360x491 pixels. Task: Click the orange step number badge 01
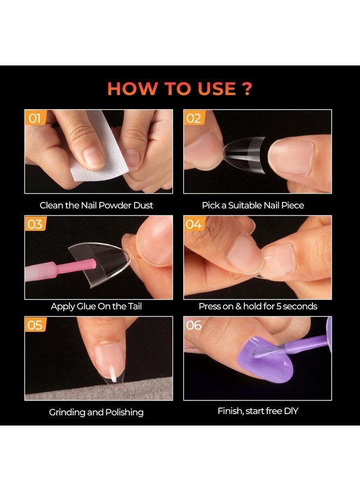coord(34,118)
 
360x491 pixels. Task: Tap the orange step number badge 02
coord(194,118)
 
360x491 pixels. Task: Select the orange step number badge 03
coord(34,224)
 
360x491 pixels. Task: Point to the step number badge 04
coord(194,224)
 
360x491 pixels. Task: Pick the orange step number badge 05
coord(34,325)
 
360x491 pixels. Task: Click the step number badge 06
coord(194,325)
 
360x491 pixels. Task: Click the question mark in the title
coord(246,88)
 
